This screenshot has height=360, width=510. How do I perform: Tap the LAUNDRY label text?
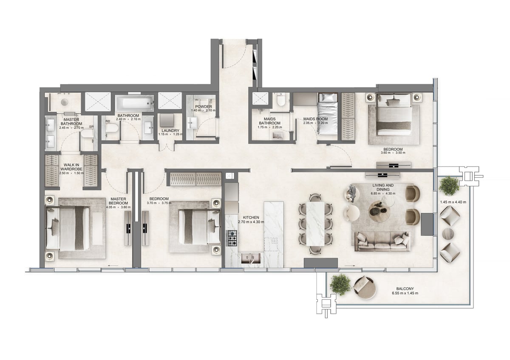(170, 130)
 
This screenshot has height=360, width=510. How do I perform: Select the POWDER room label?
(203, 107)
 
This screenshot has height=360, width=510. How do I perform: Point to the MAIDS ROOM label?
(314, 119)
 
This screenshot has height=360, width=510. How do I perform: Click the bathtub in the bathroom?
(134, 103)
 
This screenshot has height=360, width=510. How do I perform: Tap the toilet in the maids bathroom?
(280, 100)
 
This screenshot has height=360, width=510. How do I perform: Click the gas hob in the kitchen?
(232, 238)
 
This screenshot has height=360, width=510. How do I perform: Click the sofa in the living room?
(382, 241)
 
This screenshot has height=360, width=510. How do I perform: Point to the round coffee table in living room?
(377, 209)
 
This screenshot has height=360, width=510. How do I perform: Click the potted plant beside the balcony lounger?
(341, 284)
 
